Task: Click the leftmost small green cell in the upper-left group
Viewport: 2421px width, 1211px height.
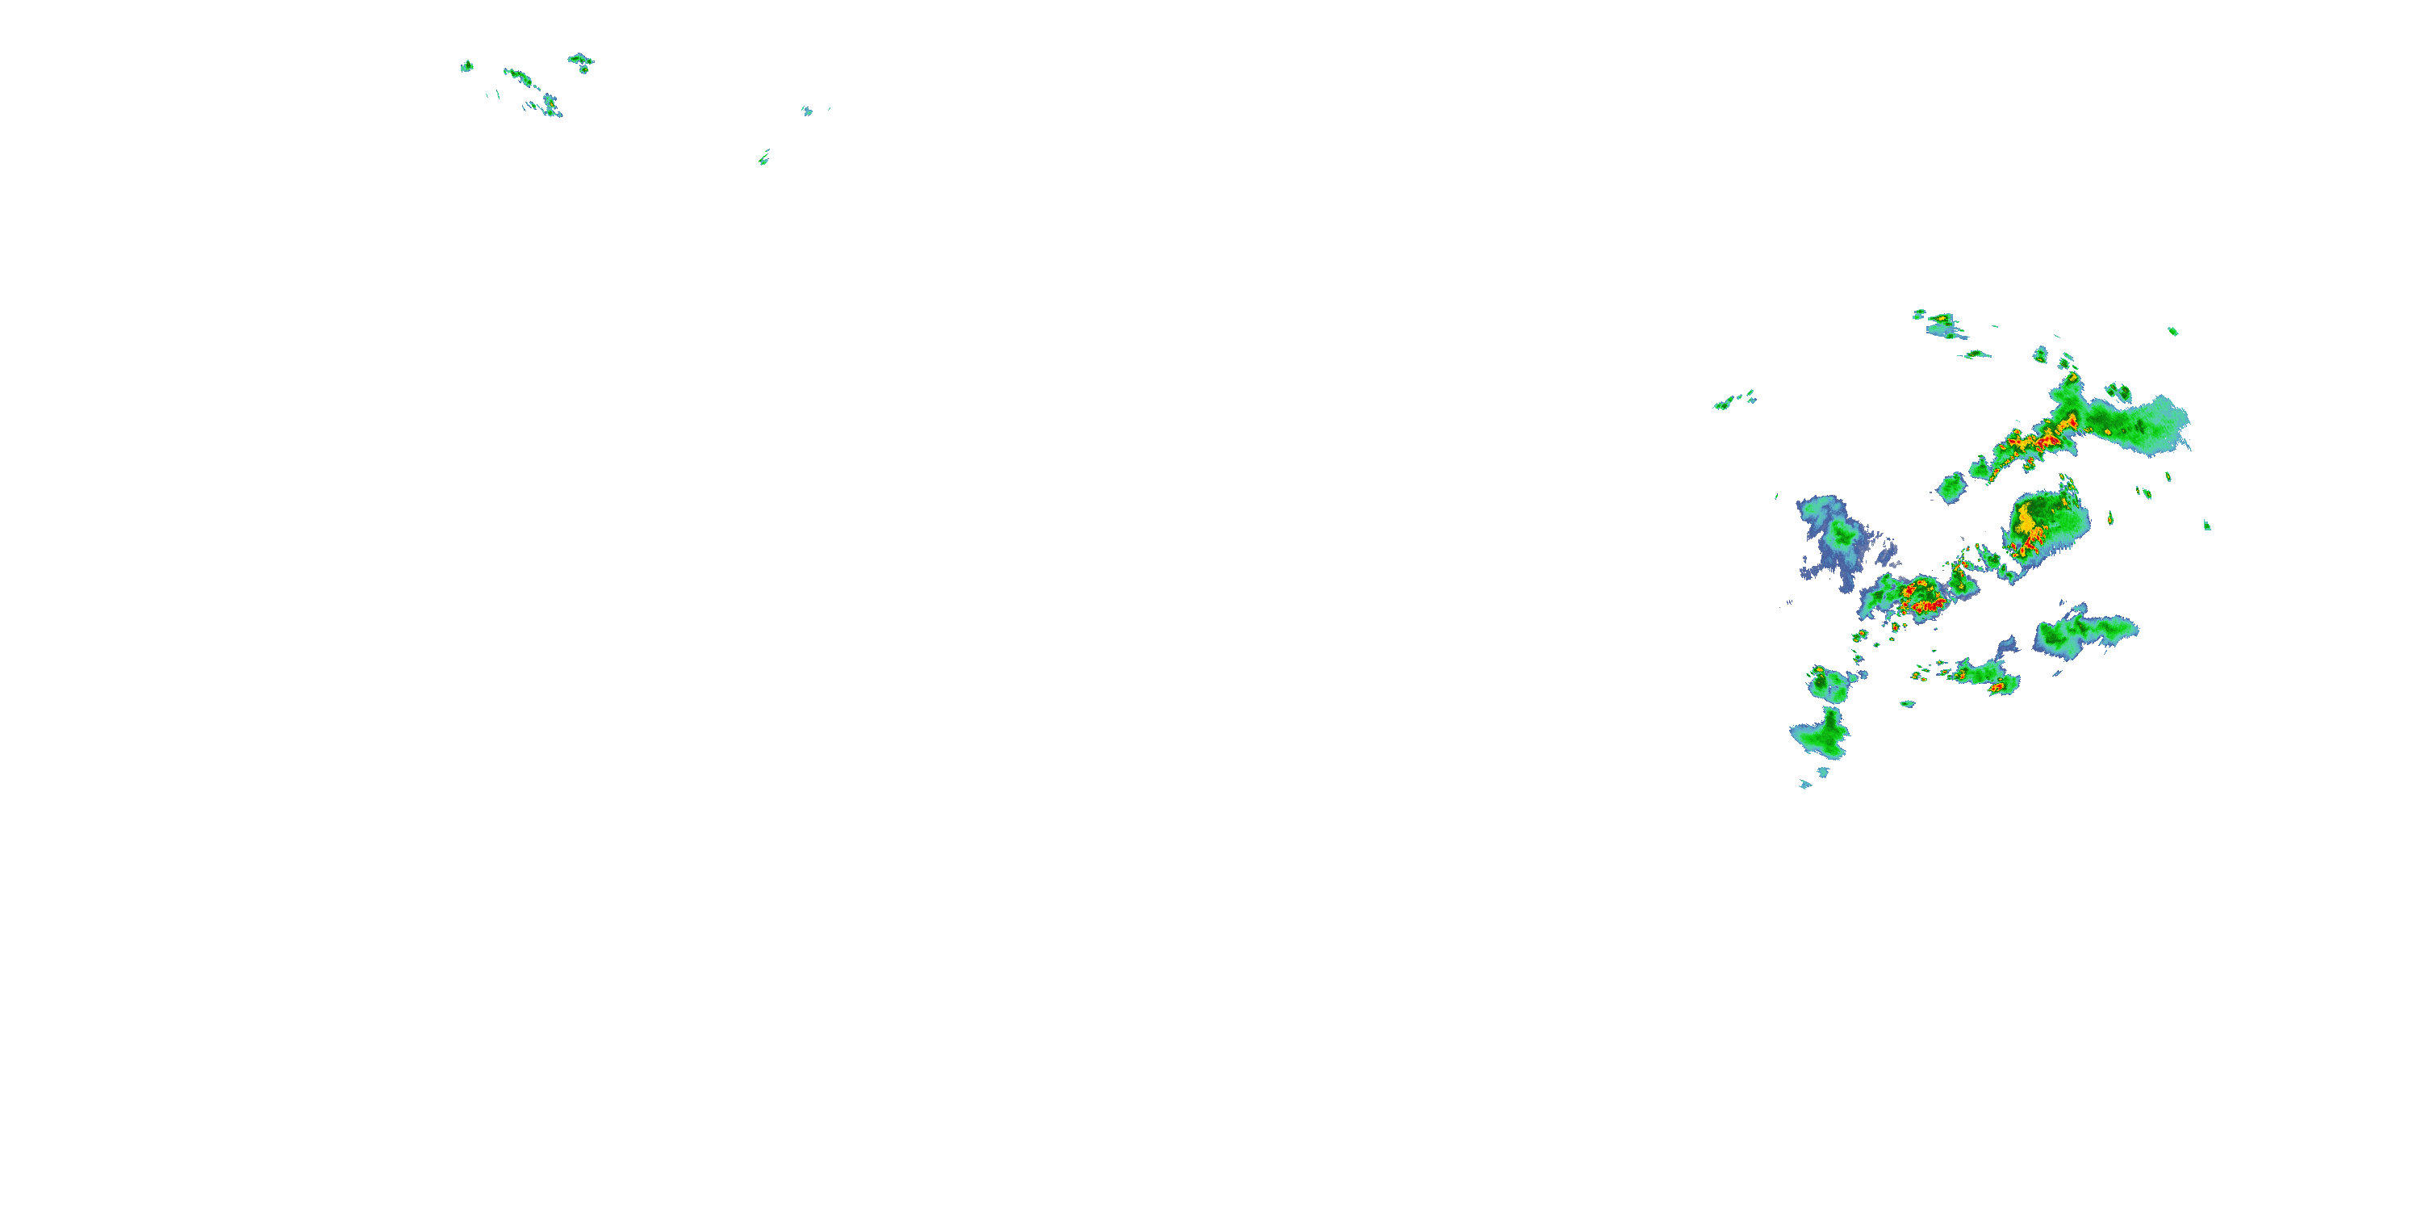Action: (466, 66)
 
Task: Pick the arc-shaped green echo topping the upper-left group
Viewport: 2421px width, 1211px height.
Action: (581, 58)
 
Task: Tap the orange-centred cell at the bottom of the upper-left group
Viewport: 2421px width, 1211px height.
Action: (550, 103)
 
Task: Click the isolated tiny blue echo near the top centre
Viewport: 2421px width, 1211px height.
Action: (806, 111)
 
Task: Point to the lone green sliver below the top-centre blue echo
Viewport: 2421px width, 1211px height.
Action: (764, 158)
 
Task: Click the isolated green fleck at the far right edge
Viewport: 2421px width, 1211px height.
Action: (2206, 526)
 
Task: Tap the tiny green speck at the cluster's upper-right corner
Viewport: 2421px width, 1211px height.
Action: (2172, 331)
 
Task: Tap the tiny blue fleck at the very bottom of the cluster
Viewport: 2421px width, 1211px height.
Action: (1804, 784)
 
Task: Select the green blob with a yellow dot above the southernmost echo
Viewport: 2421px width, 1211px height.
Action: (1828, 684)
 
